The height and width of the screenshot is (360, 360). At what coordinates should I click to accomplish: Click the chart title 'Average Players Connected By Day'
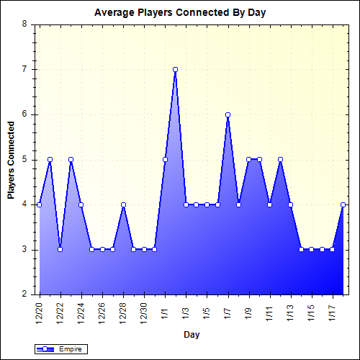pyautogui.click(x=179, y=14)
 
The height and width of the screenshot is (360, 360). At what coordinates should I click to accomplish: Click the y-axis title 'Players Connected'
pyautogui.click(x=11, y=159)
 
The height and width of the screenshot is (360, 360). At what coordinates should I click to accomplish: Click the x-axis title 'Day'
pyautogui.click(x=192, y=334)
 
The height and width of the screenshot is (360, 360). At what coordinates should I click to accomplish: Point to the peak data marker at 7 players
pyautogui.click(x=175, y=69)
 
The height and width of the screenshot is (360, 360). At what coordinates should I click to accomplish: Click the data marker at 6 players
pyautogui.click(x=228, y=114)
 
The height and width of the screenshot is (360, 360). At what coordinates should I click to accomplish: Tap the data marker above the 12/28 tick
pyautogui.click(x=123, y=204)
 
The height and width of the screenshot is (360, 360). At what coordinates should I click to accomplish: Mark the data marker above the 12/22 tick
pyautogui.click(x=60, y=249)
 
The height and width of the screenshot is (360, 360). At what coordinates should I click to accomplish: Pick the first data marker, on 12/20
pyautogui.click(x=39, y=204)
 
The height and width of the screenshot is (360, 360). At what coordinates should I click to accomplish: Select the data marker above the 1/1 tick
pyautogui.click(x=165, y=159)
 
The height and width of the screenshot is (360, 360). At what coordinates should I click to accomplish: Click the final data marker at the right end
pyautogui.click(x=343, y=204)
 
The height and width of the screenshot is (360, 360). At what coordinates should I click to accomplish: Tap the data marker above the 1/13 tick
pyautogui.click(x=291, y=204)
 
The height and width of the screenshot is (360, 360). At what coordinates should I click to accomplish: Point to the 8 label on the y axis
pyautogui.click(x=24, y=24)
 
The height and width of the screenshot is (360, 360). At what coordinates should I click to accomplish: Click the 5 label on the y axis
pyautogui.click(x=24, y=159)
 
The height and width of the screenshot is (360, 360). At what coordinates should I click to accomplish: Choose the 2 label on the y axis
pyautogui.click(x=24, y=294)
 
